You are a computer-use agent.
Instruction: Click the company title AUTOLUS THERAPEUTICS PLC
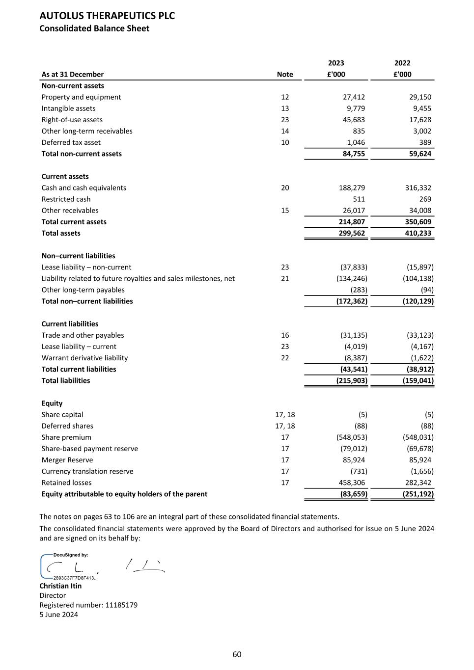click(107, 16)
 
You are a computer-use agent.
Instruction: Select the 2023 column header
click(336, 63)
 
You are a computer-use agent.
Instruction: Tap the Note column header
click(285, 74)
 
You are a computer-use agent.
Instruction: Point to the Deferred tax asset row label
click(71, 142)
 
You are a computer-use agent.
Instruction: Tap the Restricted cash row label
click(66, 199)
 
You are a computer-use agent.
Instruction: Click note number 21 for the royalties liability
click(285, 278)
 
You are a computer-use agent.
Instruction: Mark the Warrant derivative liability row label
click(84, 358)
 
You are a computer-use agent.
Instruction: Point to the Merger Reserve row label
click(67, 460)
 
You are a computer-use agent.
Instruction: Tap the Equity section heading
click(52, 403)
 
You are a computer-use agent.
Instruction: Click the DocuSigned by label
click(71, 555)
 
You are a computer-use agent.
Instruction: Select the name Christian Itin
click(60, 586)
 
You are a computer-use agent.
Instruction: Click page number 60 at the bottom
click(237, 654)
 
